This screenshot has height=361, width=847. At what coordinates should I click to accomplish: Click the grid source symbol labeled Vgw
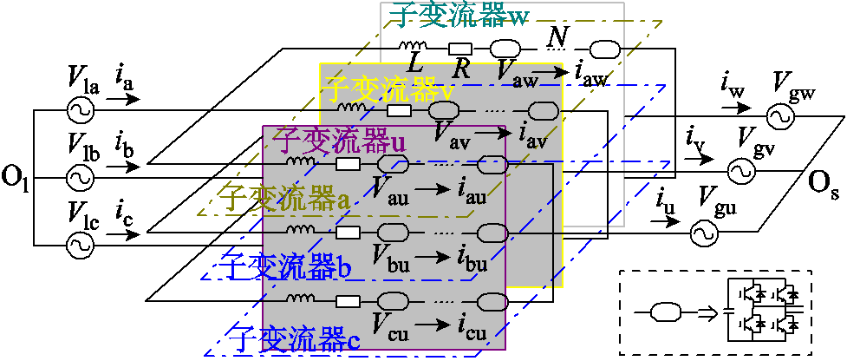click(778, 114)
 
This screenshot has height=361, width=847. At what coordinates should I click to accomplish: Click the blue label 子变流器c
click(292, 335)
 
